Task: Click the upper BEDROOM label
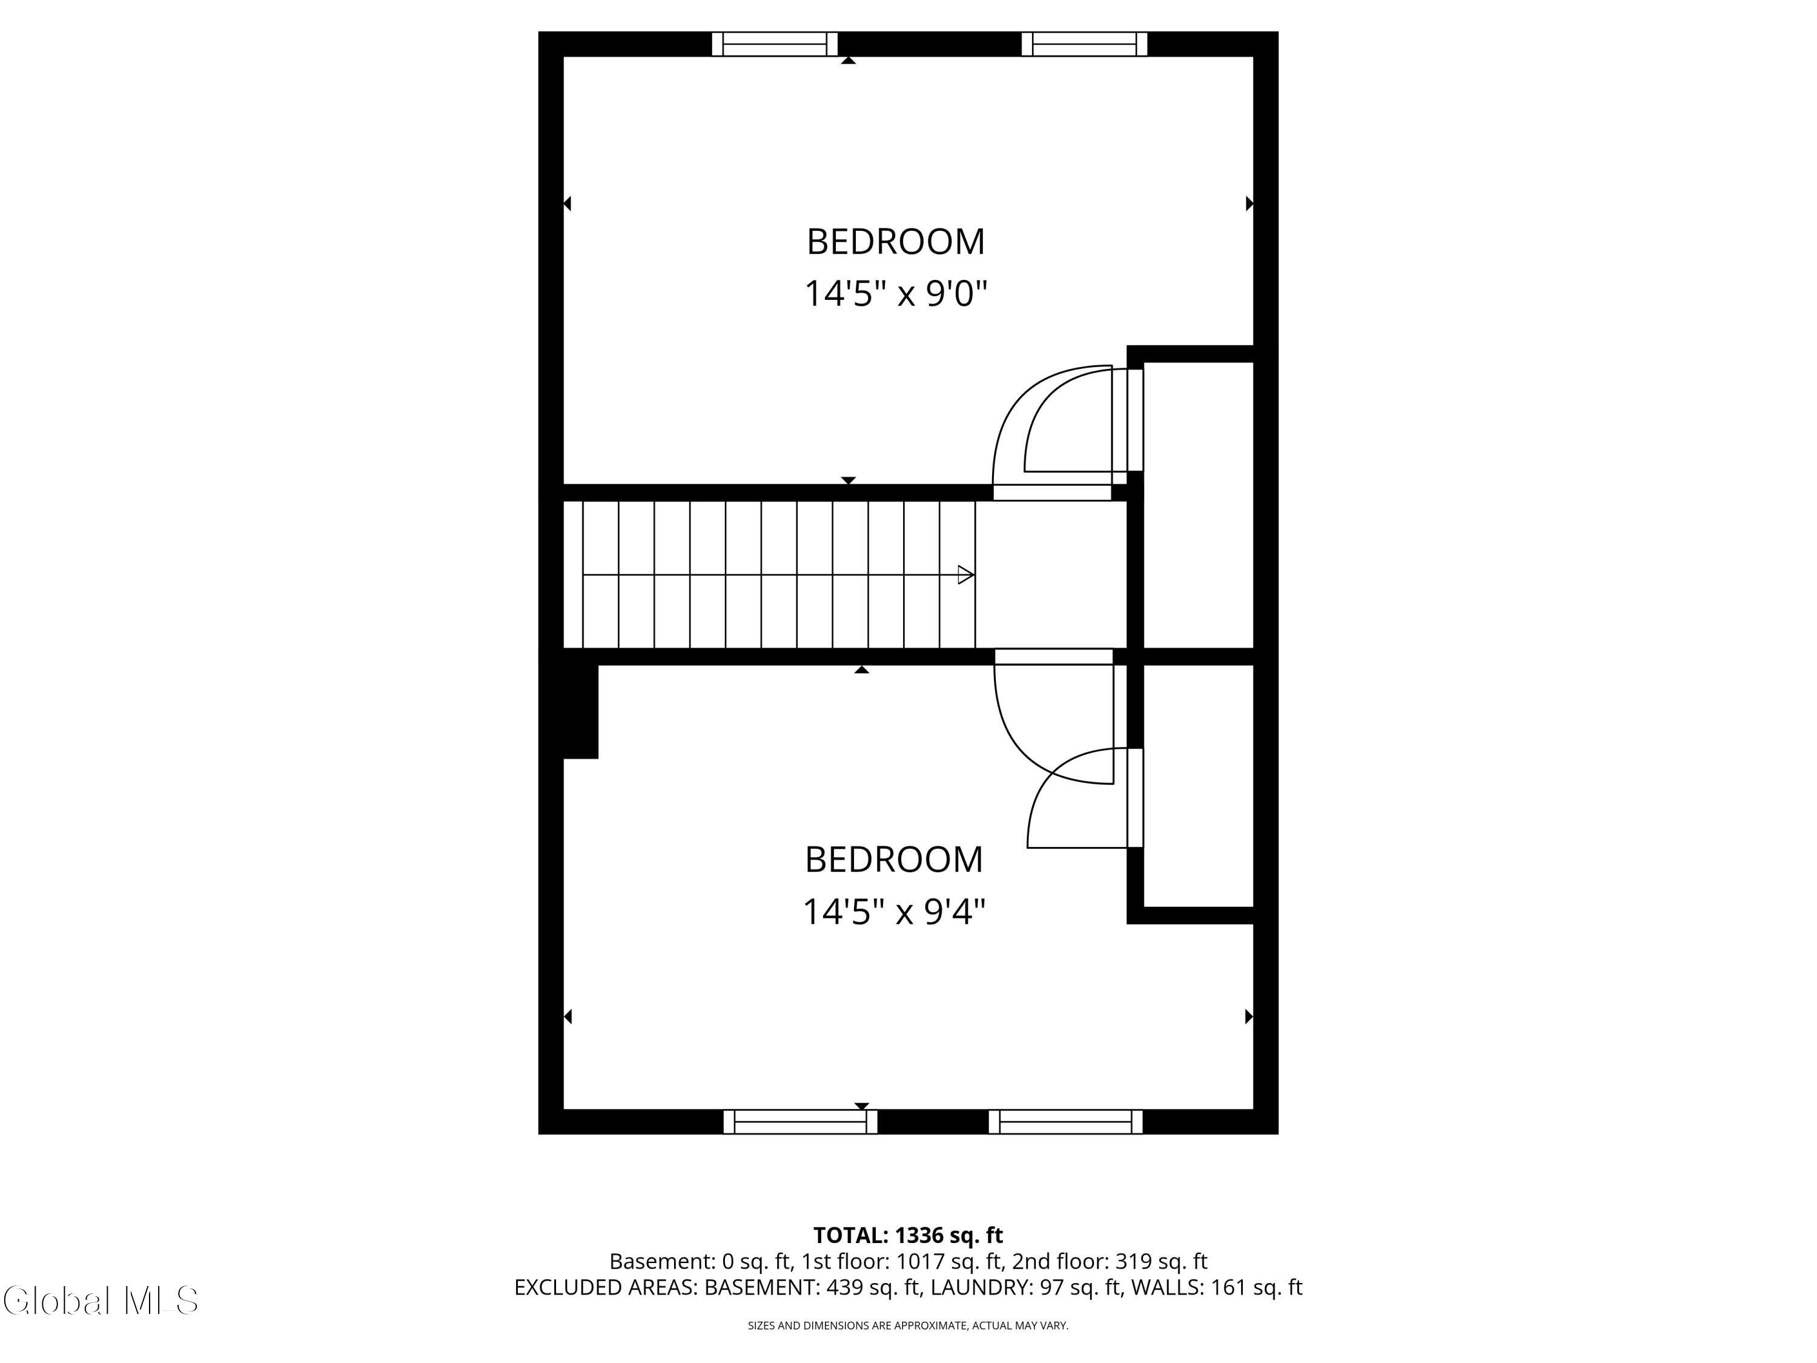click(x=895, y=242)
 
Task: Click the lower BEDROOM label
click(x=894, y=860)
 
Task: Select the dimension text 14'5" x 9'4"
click(x=894, y=912)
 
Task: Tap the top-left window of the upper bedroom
click(x=774, y=44)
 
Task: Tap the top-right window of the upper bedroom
click(x=1084, y=44)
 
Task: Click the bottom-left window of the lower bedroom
click(x=800, y=1121)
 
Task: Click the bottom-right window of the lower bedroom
click(x=1065, y=1121)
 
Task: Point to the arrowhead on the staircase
click(x=966, y=575)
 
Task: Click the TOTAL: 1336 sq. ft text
click(x=908, y=1235)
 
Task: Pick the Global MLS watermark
click(x=100, y=1301)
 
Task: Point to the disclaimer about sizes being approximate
click(x=908, y=1325)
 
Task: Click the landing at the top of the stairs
click(x=1051, y=575)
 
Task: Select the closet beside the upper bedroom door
click(x=1199, y=505)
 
